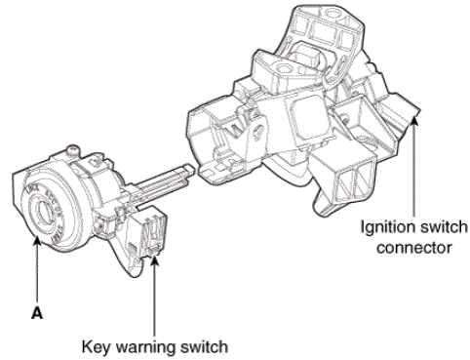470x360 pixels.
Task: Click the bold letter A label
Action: click(x=37, y=313)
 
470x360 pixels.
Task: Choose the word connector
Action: click(x=414, y=248)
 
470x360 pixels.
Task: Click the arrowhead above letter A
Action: click(x=37, y=243)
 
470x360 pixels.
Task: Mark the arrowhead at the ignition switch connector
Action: click(x=413, y=122)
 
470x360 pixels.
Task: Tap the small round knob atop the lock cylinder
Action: click(x=73, y=150)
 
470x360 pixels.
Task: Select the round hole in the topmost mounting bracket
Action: click(x=332, y=14)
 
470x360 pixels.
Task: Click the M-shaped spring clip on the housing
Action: click(x=237, y=129)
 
